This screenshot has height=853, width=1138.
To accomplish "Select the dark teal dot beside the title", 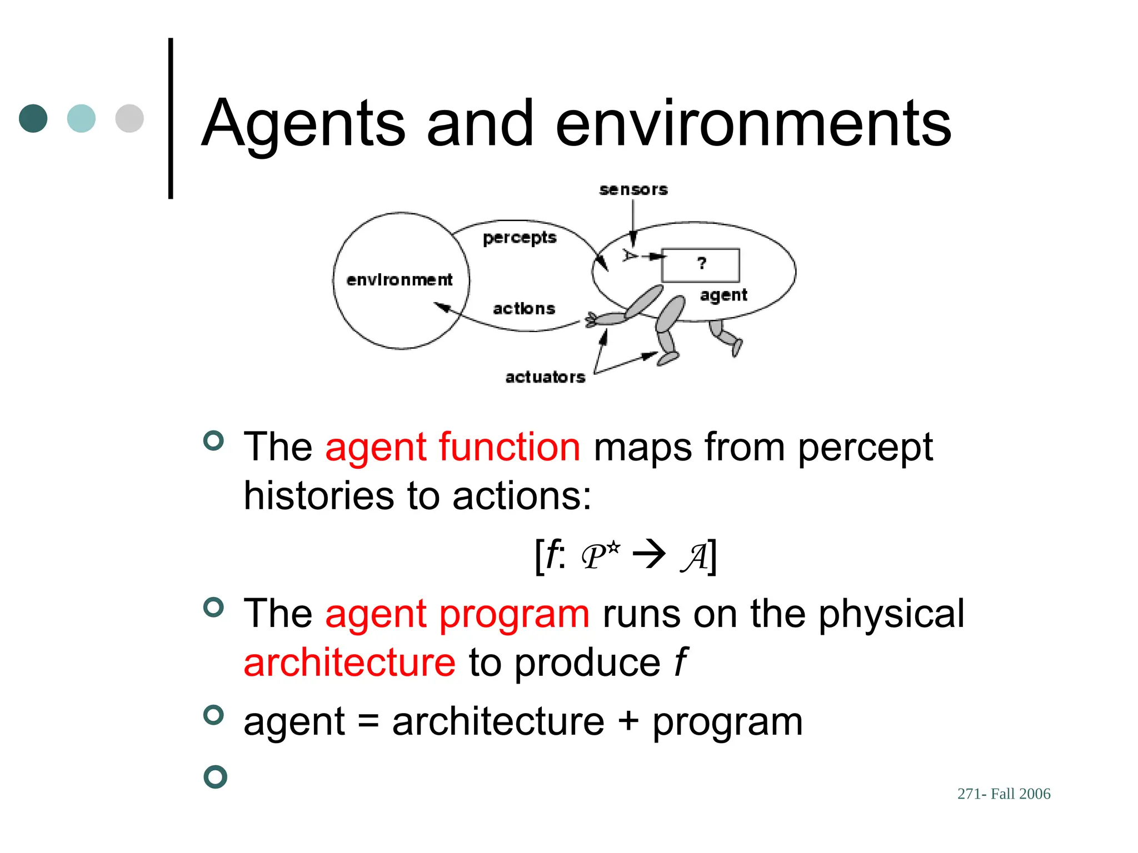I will (x=33, y=118).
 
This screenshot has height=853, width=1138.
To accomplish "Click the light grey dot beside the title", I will (x=129, y=118).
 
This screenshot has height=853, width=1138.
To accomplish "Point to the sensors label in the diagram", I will (x=633, y=190).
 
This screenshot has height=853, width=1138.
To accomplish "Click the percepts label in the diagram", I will (x=520, y=238).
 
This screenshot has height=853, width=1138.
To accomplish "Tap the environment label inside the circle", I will (x=400, y=280).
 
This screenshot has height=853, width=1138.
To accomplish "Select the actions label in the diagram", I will (x=524, y=309).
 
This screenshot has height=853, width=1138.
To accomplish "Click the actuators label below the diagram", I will (x=545, y=378).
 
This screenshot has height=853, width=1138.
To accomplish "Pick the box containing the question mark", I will (x=701, y=265).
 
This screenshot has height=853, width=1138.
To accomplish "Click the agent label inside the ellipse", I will (x=723, y=295).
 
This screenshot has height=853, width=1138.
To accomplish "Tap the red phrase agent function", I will (x=453, y=447).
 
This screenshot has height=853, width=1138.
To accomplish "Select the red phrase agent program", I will (x=457, y=614).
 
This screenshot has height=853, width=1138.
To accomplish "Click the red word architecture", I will (x=350, y=663).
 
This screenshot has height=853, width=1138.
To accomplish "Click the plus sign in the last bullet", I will (x=628, y=721).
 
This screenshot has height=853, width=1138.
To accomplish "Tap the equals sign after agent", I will (x=368, y=721).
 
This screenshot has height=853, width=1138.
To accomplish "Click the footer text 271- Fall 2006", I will (x=1004, y=794).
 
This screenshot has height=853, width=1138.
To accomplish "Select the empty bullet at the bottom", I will (x=215, y=776).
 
